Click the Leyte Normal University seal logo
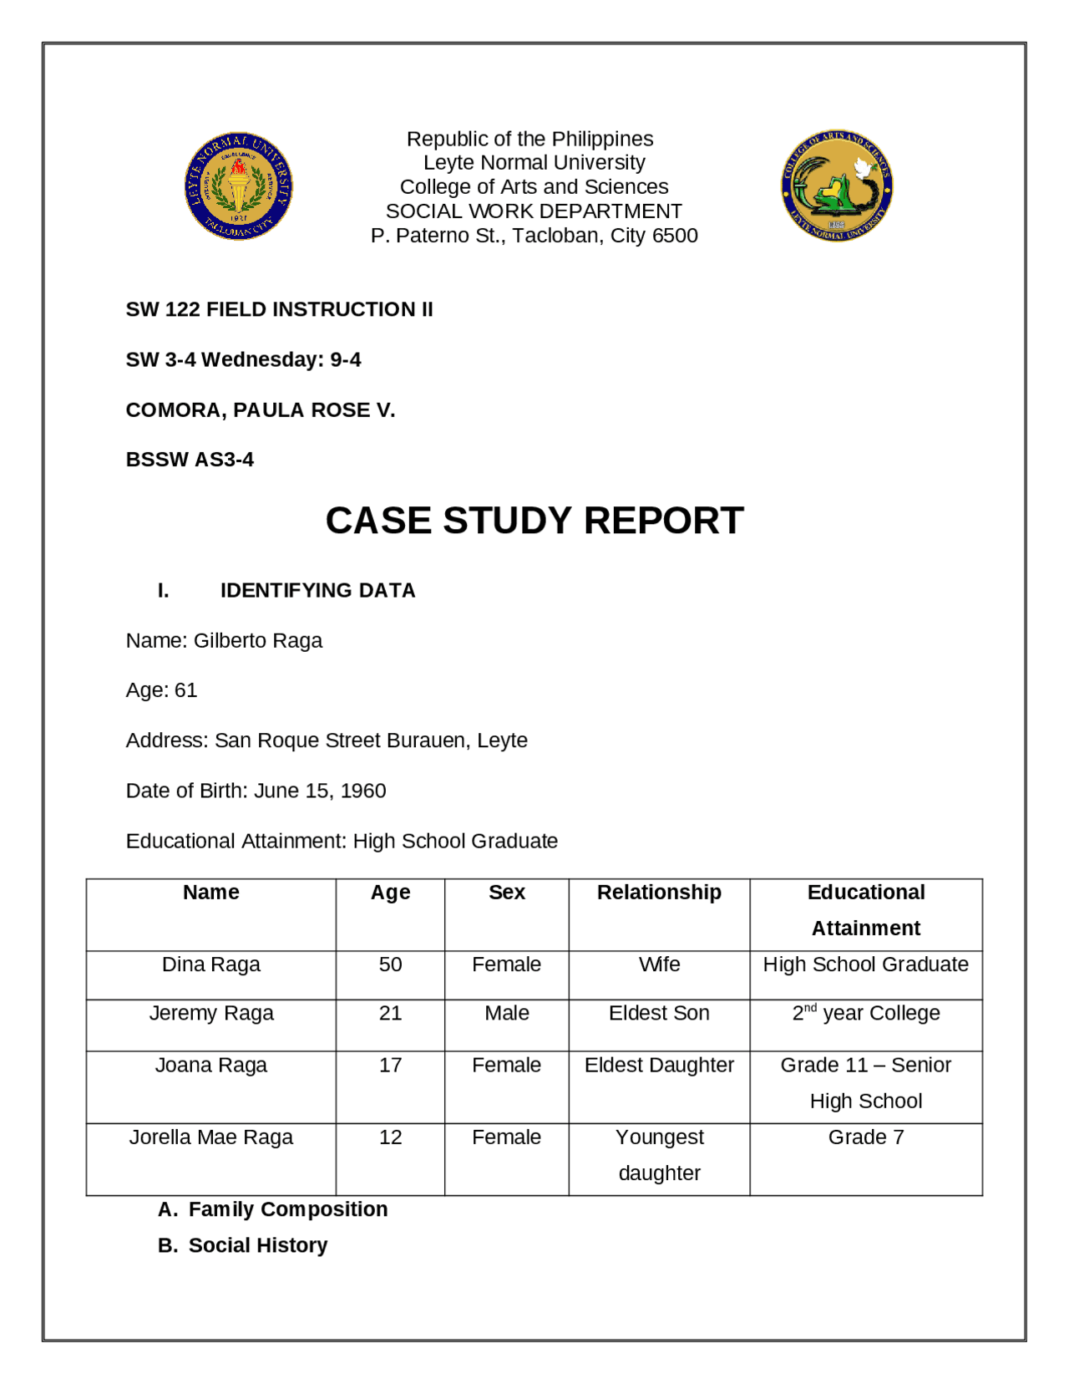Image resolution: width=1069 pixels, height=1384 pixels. point(239,186)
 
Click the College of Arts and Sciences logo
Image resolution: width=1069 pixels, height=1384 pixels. point(837,186)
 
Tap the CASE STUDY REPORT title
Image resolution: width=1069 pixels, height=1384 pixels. point(534,520)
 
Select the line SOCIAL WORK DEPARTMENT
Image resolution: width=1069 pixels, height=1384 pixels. point(534,211)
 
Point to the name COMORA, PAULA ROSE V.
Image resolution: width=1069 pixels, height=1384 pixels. point(260,410)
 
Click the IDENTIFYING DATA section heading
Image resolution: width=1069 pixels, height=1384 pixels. point(317,590)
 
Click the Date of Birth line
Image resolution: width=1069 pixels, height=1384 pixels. point(256,791)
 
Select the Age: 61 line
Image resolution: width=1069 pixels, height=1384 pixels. point(161,690)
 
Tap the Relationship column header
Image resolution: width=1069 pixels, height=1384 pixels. point(659,892)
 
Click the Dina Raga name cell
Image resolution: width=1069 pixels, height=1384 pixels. point(210,964)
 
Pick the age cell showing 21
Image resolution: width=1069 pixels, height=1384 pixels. point(390,1013)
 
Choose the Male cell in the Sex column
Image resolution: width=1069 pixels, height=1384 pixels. point(506,1013)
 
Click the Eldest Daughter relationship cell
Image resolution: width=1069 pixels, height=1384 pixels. point(659,1065)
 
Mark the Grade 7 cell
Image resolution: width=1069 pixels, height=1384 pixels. point(865,1137)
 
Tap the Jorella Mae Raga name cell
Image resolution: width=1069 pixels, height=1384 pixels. point(210,1137)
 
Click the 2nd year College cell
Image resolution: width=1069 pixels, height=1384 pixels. point(865,1013)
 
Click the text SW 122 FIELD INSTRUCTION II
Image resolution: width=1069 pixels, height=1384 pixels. point(279,309)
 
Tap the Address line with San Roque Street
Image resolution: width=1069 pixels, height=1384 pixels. point(327,740)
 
